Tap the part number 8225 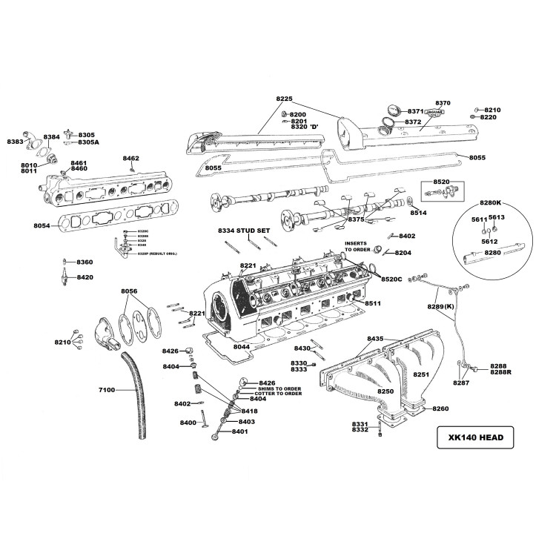(x=285, y=99)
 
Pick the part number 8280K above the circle (x=490, y=202)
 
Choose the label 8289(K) (x=440, y=306)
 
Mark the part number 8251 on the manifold (x=421, y=375)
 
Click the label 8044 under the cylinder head (x=242, y=347)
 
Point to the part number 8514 (x=419, y=212)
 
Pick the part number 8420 (x=85, y=277)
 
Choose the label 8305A (x=88, y=142)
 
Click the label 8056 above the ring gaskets (x=129, y=292)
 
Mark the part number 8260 (x=440, y=408)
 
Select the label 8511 (x=372, y=303)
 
